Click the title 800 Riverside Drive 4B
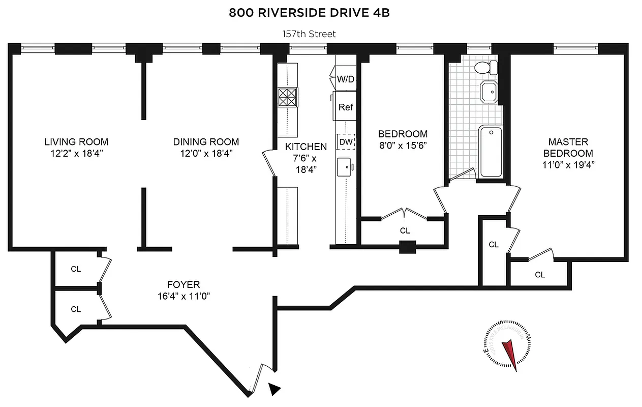(309, 13)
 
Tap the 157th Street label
(309, 34)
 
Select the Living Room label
(76, 142)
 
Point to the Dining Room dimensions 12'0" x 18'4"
(206, 153)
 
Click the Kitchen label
(305, 147)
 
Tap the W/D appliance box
(346, 79)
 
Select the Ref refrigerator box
(346, 107)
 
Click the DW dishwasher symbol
(346, 142)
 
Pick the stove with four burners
(288, 97)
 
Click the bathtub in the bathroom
(491, 152)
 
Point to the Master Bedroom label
(568, 147)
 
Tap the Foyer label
(184, 285)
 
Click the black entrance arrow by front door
(274, 389)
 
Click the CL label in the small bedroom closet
(405, 230)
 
